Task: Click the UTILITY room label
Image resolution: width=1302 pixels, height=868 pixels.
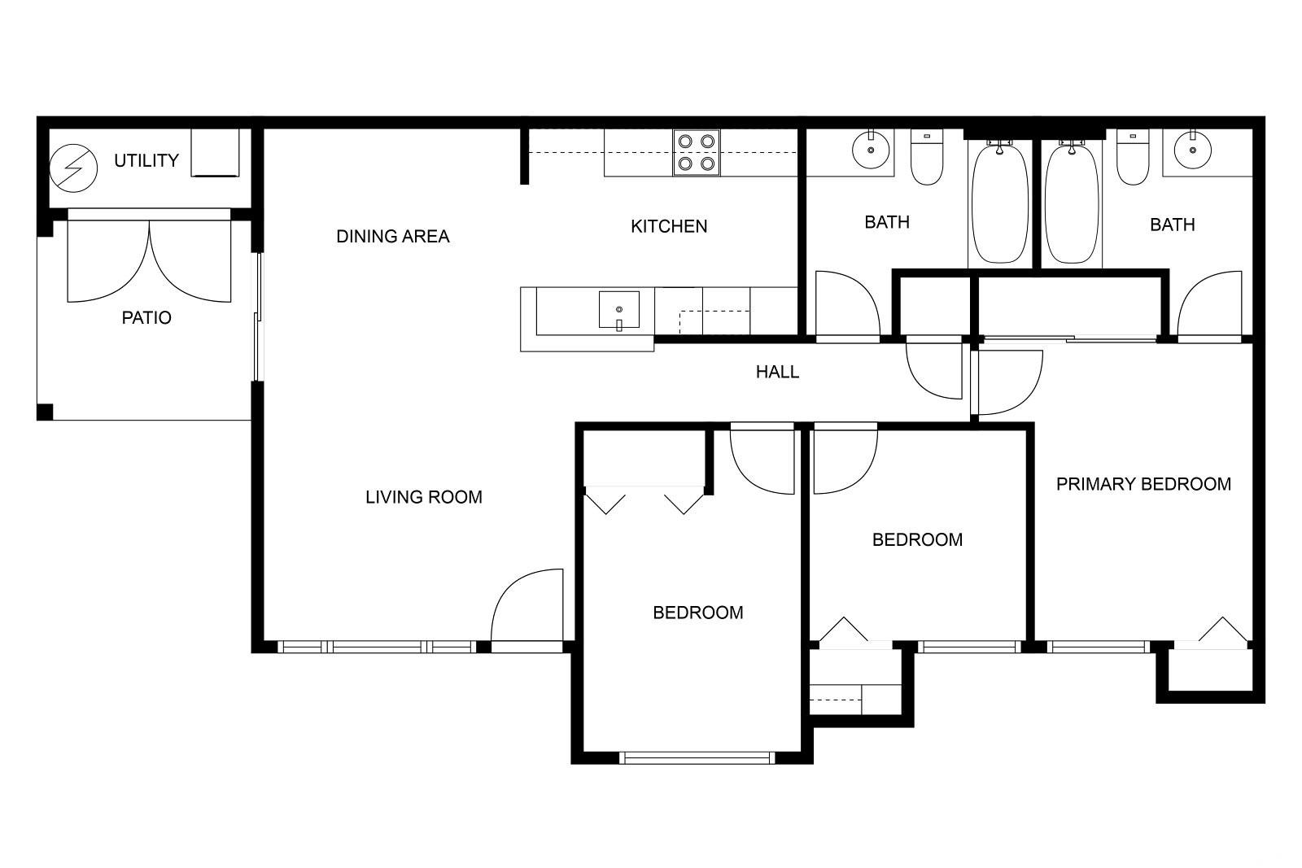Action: [146, 160]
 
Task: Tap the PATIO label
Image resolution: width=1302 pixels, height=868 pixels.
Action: [146, 318]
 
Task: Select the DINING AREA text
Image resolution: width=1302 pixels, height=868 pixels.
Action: [393, 237]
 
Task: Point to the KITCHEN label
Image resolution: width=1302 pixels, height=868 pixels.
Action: [669, 226]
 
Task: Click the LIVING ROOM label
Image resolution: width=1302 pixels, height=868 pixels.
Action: [424, 497]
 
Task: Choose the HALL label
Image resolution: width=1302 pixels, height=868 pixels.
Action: [777, 372]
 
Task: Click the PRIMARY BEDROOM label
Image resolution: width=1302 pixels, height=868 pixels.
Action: [1143, 484]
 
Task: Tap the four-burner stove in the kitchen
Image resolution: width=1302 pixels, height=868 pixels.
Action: [697, 152]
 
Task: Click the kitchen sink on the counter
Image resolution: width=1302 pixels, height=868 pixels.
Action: [619, 311]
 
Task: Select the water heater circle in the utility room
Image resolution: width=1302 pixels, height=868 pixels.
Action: [73, 168]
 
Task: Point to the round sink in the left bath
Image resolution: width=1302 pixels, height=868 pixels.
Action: [871, 150]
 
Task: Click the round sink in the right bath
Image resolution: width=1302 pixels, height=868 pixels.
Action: [1193, 150]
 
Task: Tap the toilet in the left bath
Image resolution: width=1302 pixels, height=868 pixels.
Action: [927, 158]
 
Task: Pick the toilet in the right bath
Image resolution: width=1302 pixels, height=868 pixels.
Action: [1133, 158]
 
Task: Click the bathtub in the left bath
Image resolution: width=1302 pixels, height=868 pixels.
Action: [1000, 203]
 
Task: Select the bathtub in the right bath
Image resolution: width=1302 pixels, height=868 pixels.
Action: [1072, 203]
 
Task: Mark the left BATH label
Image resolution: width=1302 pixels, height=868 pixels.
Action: [887, 222]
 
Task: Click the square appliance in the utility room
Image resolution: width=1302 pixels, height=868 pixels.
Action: [215, 152]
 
